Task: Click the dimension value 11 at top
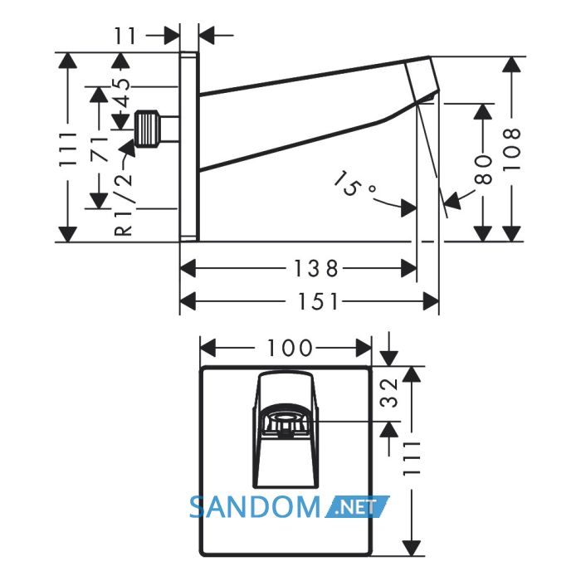click(125, 36)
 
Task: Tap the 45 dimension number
click(122, 90)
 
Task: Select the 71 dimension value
click(100, 149)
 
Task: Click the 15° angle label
click(353, 183)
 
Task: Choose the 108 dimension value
click(512, 149)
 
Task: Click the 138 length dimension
click(316, 268)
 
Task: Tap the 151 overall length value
click(319, 300)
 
